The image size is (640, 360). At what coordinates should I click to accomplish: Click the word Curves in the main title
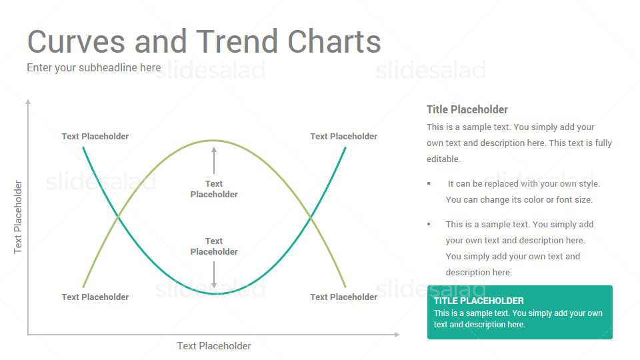coord(76,41)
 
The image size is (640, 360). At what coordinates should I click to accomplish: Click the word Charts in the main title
coord(334,41)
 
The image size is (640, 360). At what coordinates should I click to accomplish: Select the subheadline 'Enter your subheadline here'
coord(94,68)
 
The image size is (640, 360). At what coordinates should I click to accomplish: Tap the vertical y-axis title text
coord(18,217)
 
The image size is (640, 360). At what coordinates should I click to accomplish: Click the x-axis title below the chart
coord(214,346)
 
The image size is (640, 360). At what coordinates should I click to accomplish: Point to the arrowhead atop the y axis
coord(28,101)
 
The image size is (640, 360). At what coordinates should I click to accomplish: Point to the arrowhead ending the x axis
coord(397,335)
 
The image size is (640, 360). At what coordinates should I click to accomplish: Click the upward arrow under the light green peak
coord(214,161)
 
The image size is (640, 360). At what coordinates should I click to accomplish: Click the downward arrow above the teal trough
coord(214,275)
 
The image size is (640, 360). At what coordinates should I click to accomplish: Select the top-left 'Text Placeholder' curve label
coord(95,136)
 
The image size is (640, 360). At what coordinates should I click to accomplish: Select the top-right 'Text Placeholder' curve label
coord(344,136)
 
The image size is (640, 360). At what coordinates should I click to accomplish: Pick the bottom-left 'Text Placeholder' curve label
coord(95,297)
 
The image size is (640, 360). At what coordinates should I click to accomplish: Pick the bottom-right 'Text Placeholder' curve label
coord(344,297)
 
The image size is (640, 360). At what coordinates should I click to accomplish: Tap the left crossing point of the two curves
coord(118,216)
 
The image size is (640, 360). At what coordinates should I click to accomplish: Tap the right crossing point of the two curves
coord(311,217)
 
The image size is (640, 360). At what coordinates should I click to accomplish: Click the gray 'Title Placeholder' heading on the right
coord(467,110)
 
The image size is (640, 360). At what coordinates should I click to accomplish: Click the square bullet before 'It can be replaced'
coord(429,184)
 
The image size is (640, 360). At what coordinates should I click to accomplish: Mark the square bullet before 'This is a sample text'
coord(429,224)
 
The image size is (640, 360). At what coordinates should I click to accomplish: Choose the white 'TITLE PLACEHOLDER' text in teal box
coord(479,301)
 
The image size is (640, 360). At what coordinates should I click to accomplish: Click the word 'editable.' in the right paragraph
coord(444,159)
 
